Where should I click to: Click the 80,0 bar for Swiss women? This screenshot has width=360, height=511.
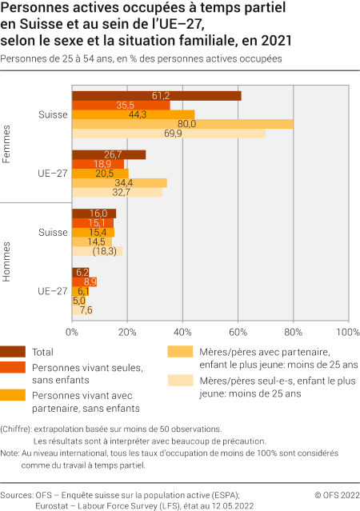(x=182, y=124)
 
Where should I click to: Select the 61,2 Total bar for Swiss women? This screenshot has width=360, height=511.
(x=157, y=96)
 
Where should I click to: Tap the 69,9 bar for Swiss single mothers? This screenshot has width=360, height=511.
(x=169, y=134)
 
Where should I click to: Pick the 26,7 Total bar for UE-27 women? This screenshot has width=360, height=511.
(x=109, y=154)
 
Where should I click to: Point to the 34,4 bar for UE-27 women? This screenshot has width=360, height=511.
(x=120, y=183)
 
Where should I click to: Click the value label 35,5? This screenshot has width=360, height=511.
(x=147, y=106)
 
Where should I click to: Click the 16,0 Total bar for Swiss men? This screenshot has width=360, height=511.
(x=94, y=214)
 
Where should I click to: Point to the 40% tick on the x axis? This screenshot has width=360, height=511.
(x=183, y=331)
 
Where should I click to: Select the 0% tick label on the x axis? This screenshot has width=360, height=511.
(x=73, y=331)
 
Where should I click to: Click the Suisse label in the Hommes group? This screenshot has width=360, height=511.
(x=53, y=233)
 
